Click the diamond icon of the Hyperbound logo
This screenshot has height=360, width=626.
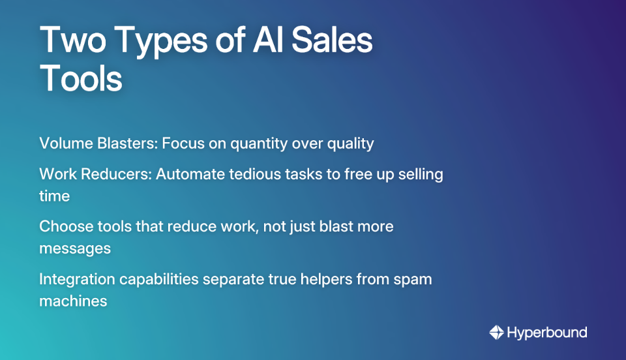click(496, 333)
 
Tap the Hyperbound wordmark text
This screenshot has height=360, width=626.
click(547, 333)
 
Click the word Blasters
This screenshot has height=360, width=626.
click(126, 143)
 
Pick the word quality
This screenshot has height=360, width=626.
click(350, 144)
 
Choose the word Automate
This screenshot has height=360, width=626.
click(187, 175)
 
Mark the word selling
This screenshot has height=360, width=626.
click(419, 175)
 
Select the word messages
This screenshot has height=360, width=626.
click(74, 249)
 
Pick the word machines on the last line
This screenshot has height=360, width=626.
click(73, 301)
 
